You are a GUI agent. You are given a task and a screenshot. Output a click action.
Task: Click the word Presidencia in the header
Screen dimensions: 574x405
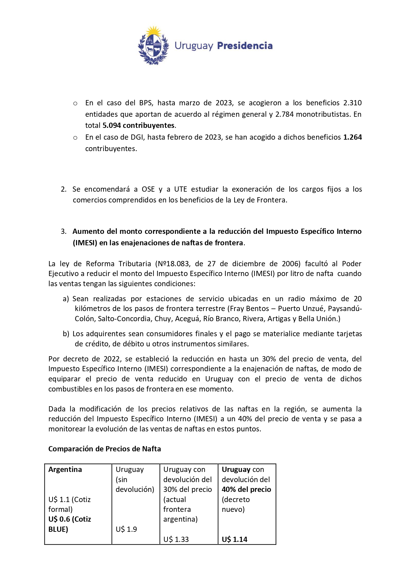(x=245, y=46)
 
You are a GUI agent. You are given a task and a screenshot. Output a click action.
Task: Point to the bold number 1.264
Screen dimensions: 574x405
(x=352, y=137)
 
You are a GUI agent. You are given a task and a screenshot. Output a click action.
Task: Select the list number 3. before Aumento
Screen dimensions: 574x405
(x=64, y=232)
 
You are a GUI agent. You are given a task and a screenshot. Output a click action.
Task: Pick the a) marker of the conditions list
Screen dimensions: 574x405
(x=66, y=299)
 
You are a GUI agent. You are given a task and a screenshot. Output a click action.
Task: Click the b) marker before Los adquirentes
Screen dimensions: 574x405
(x=66, y=334)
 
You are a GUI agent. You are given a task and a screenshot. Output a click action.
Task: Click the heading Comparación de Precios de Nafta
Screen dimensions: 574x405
(x=105, y=449)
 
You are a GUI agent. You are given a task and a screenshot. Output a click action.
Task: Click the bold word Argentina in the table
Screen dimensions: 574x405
(x=65, y=470)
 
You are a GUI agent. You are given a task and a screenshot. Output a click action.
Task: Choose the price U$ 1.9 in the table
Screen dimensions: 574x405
(x=126, y=530)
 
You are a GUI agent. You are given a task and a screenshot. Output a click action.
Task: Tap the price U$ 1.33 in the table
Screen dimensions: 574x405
(x=176, y=540)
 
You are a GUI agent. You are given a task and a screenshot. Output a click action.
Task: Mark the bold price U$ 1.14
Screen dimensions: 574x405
(x=235, y=540)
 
